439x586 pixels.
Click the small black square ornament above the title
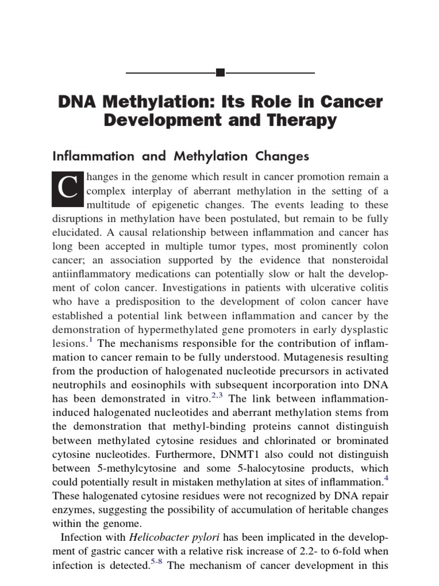pos(220,73)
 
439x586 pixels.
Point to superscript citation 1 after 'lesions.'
pos(90,339)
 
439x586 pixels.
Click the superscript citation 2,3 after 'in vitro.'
pos(216,394)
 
